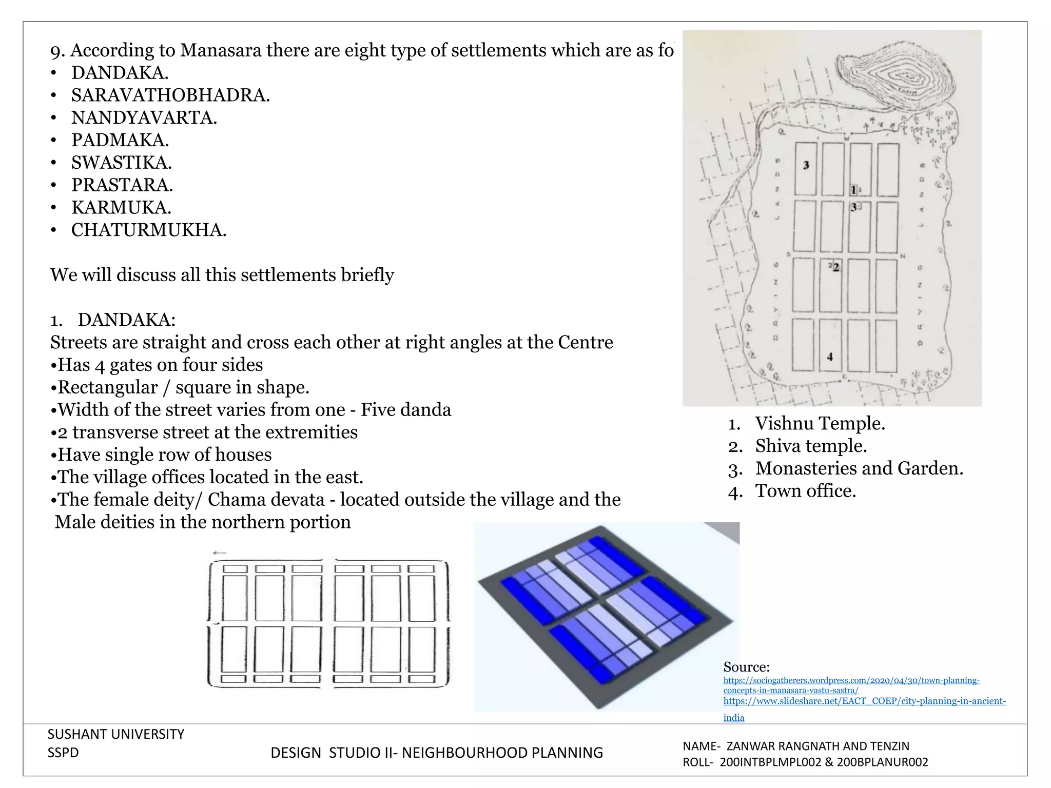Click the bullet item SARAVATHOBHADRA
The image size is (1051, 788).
(170, 95)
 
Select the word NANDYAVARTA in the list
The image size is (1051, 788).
(144, 118)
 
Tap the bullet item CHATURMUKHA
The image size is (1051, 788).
(148, 230)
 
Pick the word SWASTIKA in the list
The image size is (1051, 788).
(121, 163)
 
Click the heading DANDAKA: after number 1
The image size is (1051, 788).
(126, 320)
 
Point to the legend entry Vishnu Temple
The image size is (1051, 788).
(820, 424)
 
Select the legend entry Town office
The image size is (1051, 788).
(805, 491)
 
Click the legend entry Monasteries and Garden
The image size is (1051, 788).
(859, 469)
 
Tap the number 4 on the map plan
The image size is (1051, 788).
(830, 357)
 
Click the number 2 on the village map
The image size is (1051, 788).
(836, 267)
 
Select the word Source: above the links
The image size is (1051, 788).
(746, 667)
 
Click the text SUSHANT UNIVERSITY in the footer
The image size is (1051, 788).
(115, 735)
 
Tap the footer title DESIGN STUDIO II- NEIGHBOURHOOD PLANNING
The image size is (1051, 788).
(436, 753)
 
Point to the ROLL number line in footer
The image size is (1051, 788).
(805, 762)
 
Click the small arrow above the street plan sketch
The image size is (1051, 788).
(219, 553)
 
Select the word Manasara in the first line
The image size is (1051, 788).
(220, 50)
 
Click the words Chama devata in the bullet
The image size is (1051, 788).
(266, 500)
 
